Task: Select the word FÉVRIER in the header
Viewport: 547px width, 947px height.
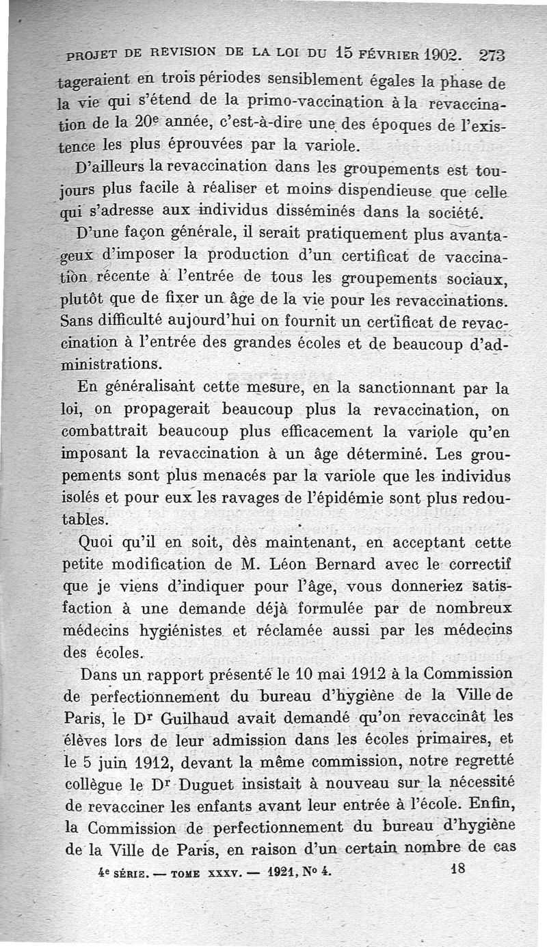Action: tap(370, 54)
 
